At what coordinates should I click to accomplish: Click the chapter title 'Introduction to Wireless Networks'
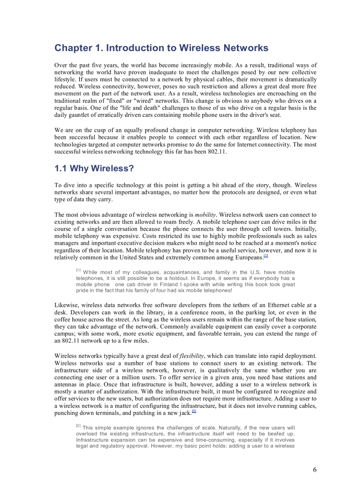pyautogui.click(x=161, y=48)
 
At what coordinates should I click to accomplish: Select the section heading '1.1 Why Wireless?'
pyautogui.click(x=94, y=168)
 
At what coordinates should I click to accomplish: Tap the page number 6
pyautogui.click(x=315, y=469)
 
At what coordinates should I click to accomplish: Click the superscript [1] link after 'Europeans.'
pyautogui.click(x=266, y=256)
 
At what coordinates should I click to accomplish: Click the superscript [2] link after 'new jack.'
pyautogui.click(x=194, y=411)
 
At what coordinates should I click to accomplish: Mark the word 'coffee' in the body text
pyautogui.click(x=64, y=319)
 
